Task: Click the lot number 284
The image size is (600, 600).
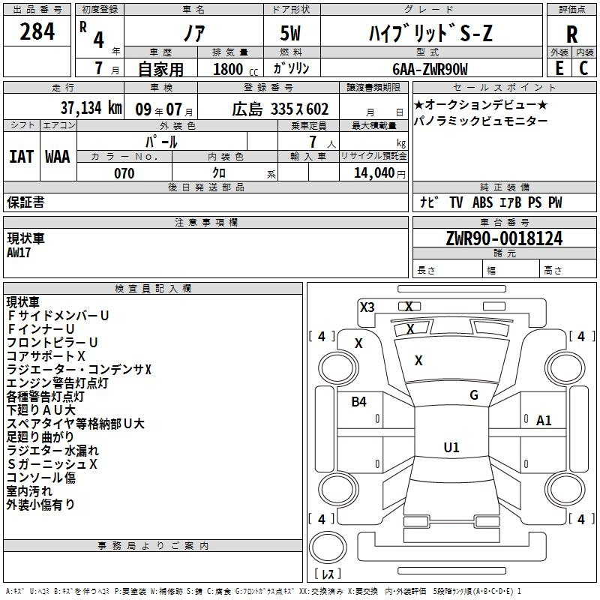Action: click(x=37, y=31)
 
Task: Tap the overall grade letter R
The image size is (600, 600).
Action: click(x=571, y=34)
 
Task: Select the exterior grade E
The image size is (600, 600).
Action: click(x=559, y=68)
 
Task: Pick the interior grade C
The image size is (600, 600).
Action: click(x=583, y=68)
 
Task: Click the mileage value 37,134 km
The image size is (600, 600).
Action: click(x=91, y=108)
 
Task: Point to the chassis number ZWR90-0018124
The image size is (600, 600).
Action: click(x=504, y=238)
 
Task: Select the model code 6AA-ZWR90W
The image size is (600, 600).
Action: click(x=430, y=69)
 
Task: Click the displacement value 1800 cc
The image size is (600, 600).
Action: click(x=235, y=69)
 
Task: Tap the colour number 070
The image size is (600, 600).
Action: click(x=124, y=173)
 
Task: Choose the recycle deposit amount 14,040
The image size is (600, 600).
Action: click(x=374, y=173)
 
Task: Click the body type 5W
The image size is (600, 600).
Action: click(x=290, y=33)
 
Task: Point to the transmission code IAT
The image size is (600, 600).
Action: click(x=22, y=157)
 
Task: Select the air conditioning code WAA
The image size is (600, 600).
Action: click(x=58, y=157)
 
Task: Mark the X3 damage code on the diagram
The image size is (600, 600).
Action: click(x=367, y=307)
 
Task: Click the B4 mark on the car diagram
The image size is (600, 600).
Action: click(x=359, y=401)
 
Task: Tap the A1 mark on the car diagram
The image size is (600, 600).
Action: click(x=544, y=421)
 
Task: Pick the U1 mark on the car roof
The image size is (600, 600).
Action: click(x=451, y=447)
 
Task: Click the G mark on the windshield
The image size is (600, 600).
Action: click(x=474, y=395)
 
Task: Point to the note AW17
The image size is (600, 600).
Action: click(x=19, y=253)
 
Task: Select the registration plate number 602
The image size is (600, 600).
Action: click(x=317, y=109)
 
